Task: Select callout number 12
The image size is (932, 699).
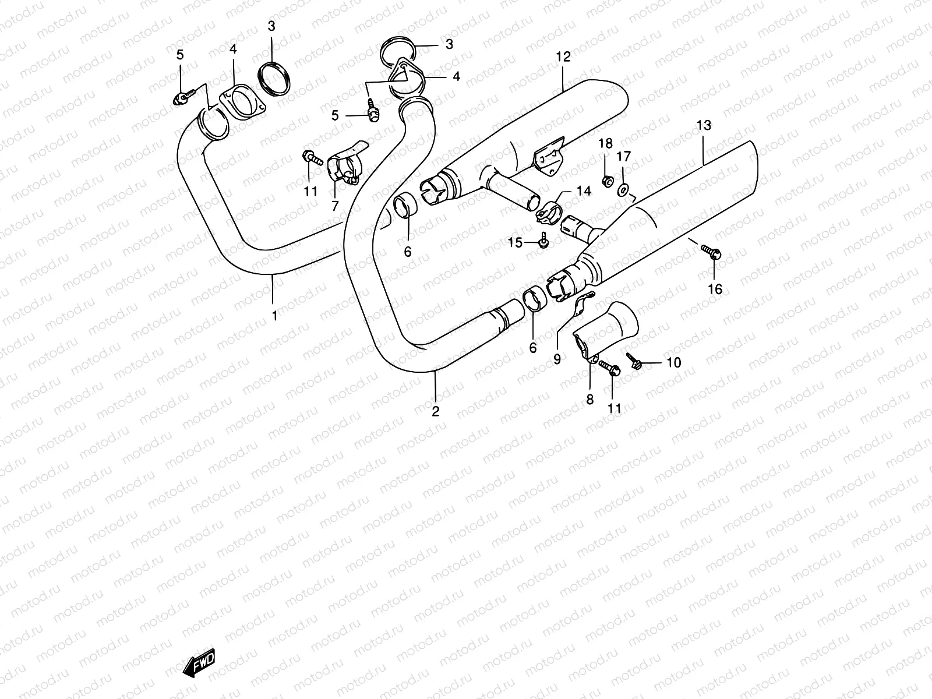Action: [563, 57]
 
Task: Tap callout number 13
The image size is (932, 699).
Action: [704, 125]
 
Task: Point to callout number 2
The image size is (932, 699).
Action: [435, 411]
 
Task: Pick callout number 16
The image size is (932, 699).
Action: [715, 289]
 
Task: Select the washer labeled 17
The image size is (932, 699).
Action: [623, 189]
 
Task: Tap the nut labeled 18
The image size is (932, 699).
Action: [606, 181]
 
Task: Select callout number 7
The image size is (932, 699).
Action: [335, 205]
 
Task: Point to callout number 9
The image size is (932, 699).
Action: [557, 359]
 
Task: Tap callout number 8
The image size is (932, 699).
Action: [589, 400]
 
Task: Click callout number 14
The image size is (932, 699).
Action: [584, 191]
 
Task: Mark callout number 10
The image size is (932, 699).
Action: [673, 363]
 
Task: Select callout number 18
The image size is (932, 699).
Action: [605, 144]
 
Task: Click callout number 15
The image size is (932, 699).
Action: [515, 243]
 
